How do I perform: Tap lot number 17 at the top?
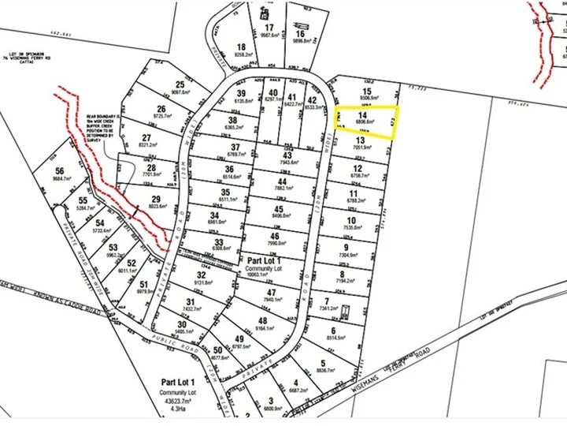269,28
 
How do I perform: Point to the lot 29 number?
156,199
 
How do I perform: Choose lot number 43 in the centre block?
285,156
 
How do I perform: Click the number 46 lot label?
274,236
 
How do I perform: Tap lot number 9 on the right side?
345,247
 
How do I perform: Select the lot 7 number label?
327,301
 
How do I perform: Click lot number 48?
261,320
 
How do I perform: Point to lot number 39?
242,93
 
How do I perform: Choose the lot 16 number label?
300,33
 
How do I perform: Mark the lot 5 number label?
323,364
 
